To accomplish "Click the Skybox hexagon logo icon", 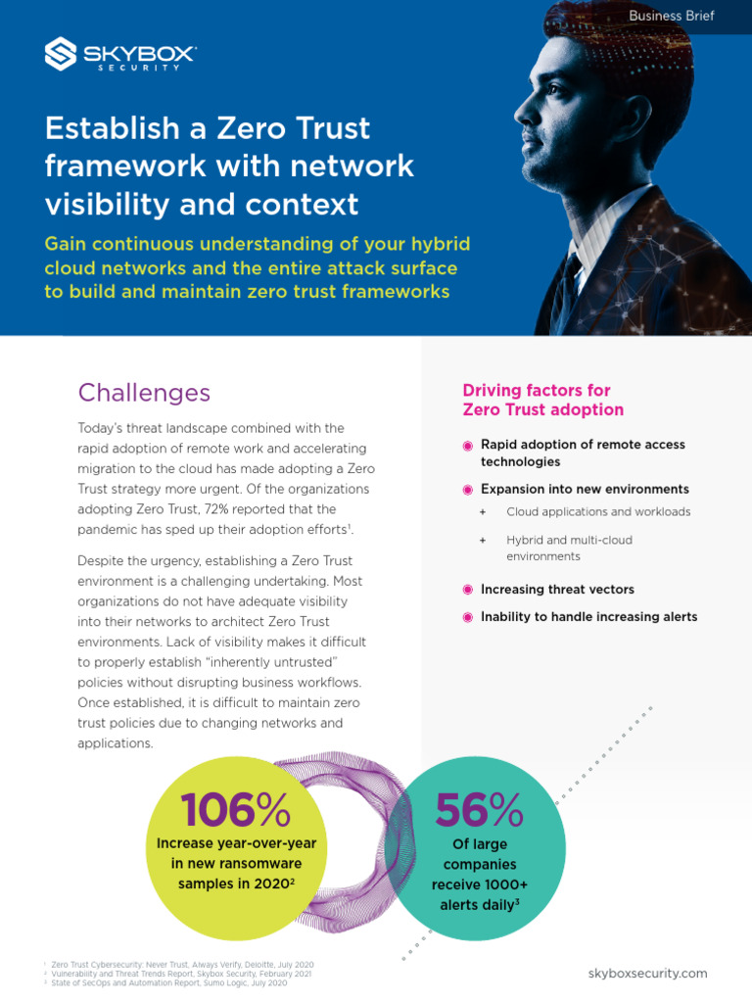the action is tap(61, 54).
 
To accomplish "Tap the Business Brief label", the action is tap(672, 16).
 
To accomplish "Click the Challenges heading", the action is tap(144, 393).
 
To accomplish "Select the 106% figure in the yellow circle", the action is tap(235, 810).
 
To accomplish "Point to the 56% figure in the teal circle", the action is tap(479, 810).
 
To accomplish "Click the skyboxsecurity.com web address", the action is tap(647, 973).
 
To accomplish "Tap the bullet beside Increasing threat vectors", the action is tap(467, 590).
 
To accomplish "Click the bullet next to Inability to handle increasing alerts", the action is tap(467, 617).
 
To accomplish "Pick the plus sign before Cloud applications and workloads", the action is tap(483, 511).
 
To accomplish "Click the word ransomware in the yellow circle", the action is tap(268, 864).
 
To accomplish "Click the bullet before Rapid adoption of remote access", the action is tap(467, 446).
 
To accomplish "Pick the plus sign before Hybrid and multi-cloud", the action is tap(483, 540).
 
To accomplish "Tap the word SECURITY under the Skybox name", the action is tap(139, 68).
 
